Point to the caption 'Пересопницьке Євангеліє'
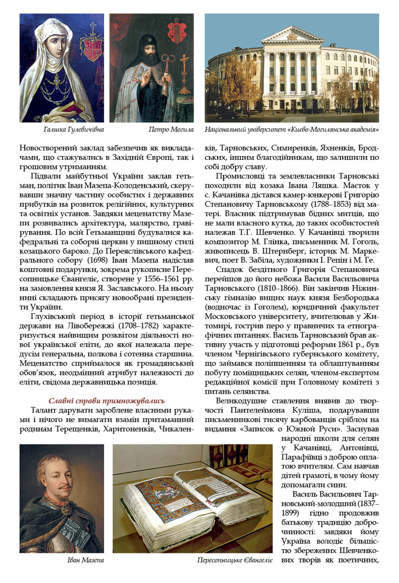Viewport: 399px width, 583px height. click(235, 561)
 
